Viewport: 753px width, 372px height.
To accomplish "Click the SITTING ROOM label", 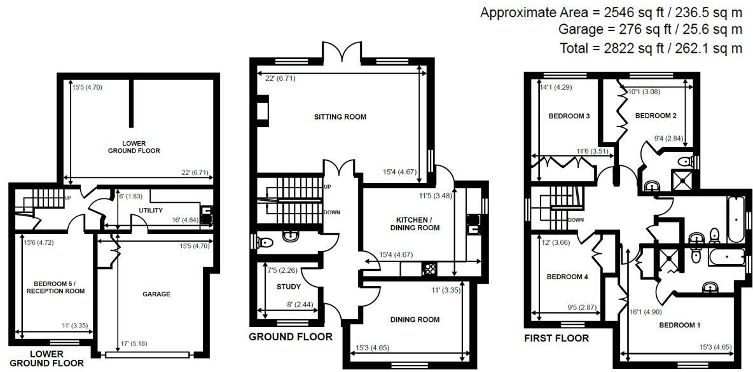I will click(340, 117).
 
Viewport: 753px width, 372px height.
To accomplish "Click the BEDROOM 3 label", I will click(569, 116).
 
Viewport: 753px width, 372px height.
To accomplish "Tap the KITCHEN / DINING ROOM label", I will click(413, 223).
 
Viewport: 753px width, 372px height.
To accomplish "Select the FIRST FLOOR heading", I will click(556, 338).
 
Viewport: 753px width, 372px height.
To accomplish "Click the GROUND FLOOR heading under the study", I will click(290, 336).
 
